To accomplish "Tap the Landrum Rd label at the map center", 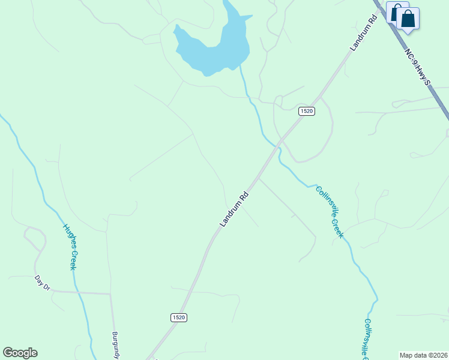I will click(234, 209).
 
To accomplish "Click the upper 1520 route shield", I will click(307, 111).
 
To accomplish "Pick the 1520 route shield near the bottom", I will click(178, 317).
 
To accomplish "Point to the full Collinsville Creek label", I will click(330, 212).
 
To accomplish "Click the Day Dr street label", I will click(42, 283).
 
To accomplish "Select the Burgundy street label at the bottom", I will click(116, 345).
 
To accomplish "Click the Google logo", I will click(20, 353).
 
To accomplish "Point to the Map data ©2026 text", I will click(424, 355).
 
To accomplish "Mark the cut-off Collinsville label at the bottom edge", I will click(367, 339).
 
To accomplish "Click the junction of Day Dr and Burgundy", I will click(110, 293).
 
